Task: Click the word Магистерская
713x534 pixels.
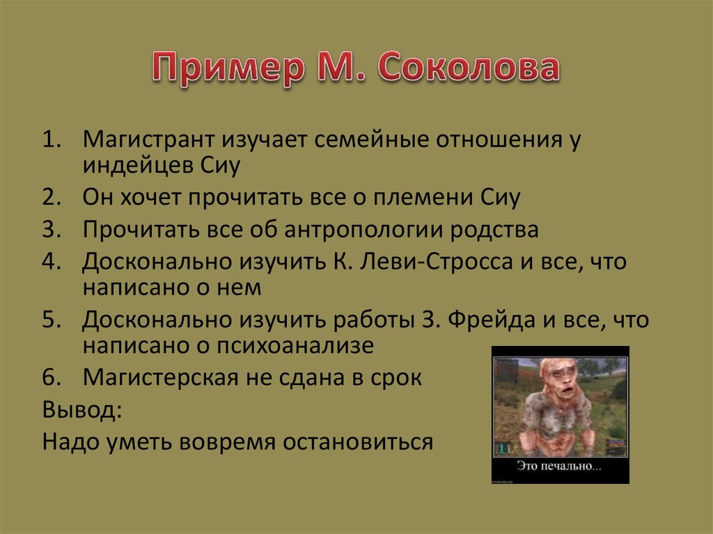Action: point(160,377)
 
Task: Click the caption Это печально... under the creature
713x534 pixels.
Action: point(559,466)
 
